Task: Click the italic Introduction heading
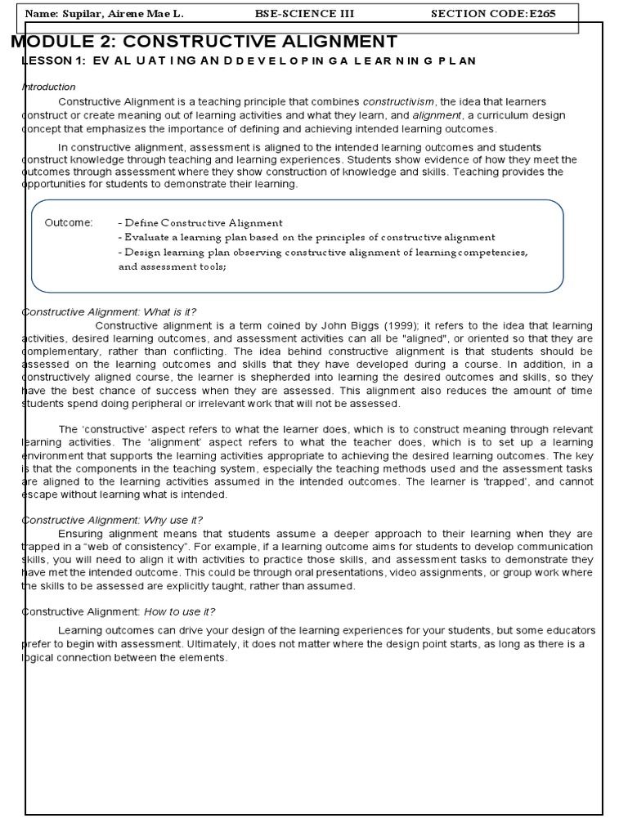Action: (x=48, y=87)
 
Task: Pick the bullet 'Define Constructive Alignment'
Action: (x=200, y=222)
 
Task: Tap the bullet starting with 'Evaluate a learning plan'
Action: (x=307, y=237)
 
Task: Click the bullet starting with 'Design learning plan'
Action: (x=323, y=252)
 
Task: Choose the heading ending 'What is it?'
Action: (x=109, y=311)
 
